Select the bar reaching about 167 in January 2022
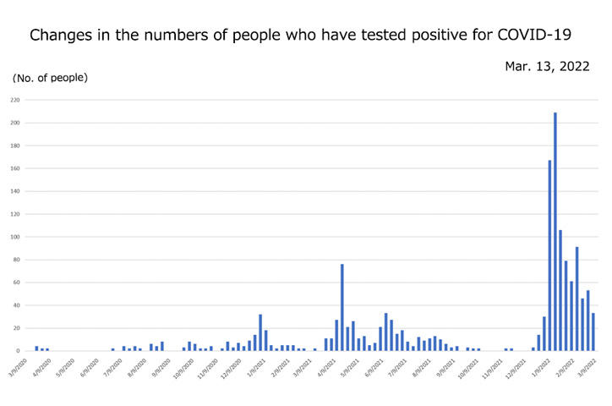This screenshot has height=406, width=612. point(549,255)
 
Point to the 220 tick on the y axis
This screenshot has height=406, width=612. point(15,100)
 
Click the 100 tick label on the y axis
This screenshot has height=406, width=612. point(15,237)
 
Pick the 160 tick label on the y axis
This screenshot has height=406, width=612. point(15,168)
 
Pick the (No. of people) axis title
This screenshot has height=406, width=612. point(50,78)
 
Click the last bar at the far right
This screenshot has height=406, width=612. point(593,332)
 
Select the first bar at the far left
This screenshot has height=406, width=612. point(36,348)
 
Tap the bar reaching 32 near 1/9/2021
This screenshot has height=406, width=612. point(260,332)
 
